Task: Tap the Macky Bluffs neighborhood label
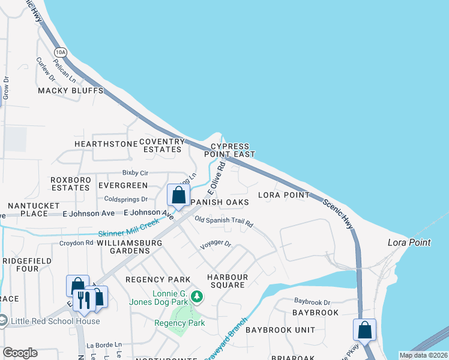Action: tap(71, 91)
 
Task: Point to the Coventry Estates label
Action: tap(160, 145)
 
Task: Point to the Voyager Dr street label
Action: tap(215, 245)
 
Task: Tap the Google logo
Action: tap(20, 353)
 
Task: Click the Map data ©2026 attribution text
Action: tap(423, 355)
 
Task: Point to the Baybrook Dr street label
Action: tap(312, 301)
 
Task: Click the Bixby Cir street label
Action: tap(136, 172)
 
